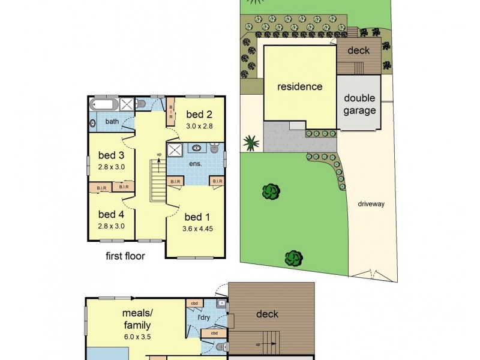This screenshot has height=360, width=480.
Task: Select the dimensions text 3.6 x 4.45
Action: pos(197,228)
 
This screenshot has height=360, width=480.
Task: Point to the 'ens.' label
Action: pos(196,163)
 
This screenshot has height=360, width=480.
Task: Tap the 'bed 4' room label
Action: pos(112,214)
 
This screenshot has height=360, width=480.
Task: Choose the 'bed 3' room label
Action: pos(112,156)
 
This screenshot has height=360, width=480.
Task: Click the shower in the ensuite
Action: pos(175,149)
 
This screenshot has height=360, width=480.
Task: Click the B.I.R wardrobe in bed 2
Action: pos(171,112)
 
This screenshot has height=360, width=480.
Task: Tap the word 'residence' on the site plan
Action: pos(299,86)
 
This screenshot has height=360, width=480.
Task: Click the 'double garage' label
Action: pos(359,104)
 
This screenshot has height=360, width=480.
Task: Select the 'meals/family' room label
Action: pos(136,319)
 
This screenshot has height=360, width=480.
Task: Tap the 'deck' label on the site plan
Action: pos(359,50)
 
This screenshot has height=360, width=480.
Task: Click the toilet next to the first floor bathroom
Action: pos(142,104)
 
